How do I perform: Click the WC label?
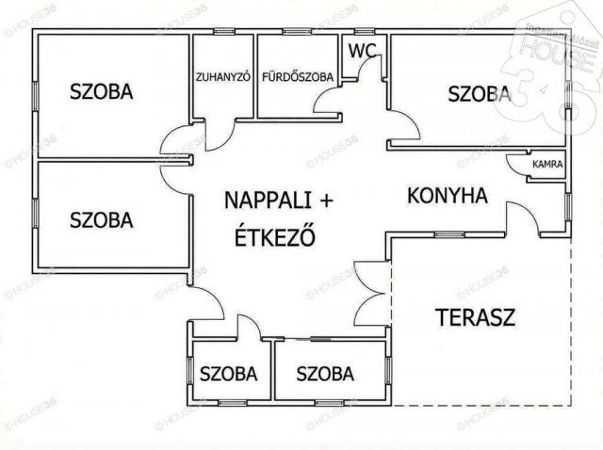[363, 49]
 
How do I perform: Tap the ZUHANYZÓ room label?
[222, 78]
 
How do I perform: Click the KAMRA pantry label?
[547, 164]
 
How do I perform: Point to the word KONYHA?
[447, 196]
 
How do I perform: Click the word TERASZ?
[475, 316]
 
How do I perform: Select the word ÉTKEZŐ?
[274, 236]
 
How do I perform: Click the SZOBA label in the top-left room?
[101, 91]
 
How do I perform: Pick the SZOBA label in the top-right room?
[480, 93]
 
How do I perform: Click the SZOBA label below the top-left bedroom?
[101, 220]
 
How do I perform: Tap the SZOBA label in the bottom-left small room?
[228, 374]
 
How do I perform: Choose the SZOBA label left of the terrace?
[325, 374]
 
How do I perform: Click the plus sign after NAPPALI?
[326, 201]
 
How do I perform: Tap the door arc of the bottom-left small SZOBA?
[247, 328]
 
